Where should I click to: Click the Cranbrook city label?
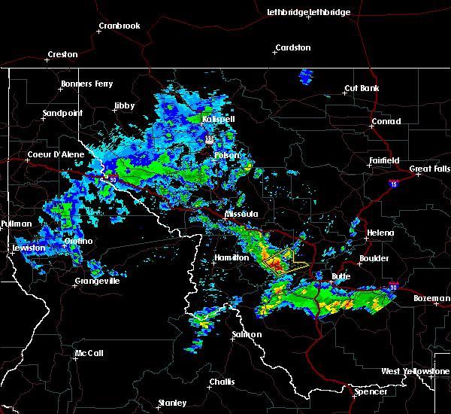coord(120,26)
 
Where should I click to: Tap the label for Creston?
coord(62,54)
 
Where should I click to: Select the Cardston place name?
coord(292,47)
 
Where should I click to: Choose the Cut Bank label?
coord(361,88)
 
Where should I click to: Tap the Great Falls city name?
coord(430,169)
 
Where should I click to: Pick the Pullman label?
coord(17,224)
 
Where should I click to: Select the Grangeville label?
coord(97,282)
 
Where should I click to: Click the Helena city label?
coord(380,233)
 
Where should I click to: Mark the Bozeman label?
coord(431,298)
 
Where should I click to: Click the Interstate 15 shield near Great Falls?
coord(393,183)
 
